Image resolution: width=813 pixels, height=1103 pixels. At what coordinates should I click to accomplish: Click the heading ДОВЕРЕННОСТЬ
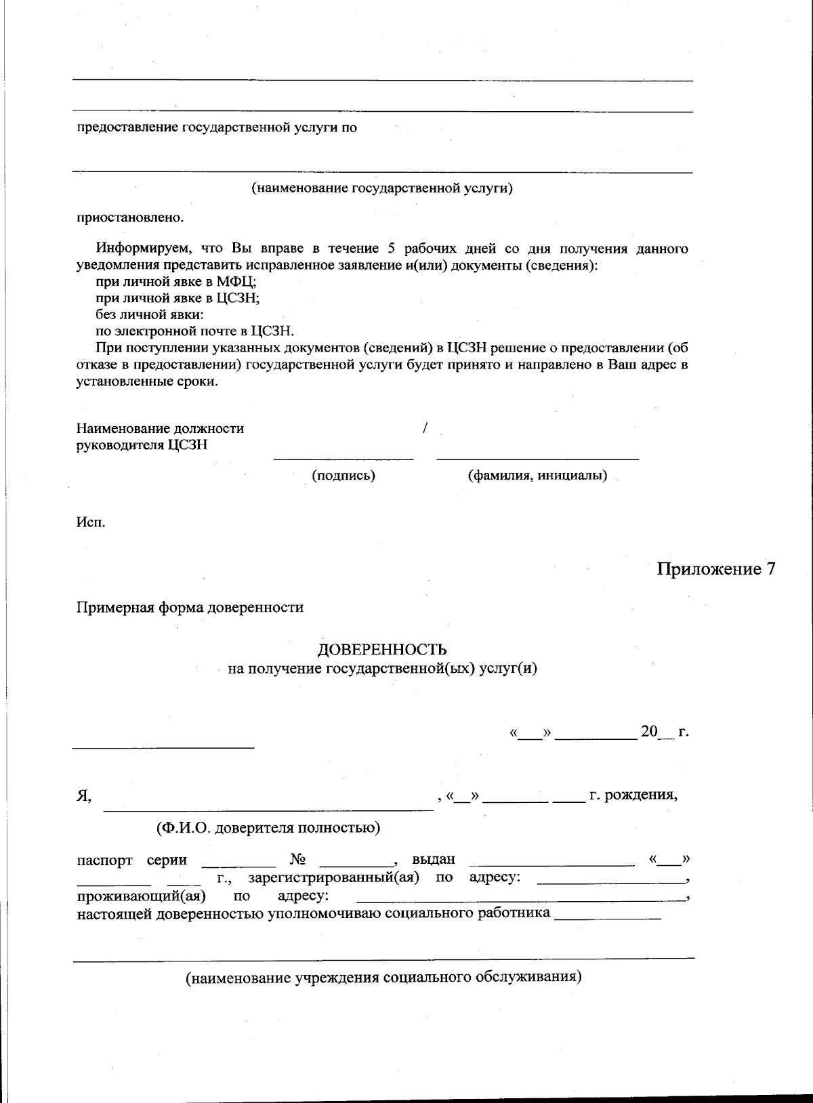pyautogui.click(x=382, y=650)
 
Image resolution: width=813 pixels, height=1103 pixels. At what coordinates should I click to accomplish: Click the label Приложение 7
pyautogui.click(x=715, y=569)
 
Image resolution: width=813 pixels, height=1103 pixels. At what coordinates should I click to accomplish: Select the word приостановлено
pyautogui.click(x=129, y=218)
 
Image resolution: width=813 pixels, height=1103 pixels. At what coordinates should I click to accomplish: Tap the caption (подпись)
pyautogui.click(x=343, y=476)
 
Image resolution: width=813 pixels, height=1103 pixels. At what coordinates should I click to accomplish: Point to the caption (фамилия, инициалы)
pyautogui.click(x=537, y=476)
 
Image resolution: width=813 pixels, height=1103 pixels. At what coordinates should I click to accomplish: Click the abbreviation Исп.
pyautogui.click(x=90, y=523)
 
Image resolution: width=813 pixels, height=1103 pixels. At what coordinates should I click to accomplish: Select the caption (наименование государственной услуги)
pyautogui.click(x=382, y=188)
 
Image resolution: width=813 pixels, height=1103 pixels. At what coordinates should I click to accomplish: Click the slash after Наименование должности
pyautogui.click(x=425, y=428)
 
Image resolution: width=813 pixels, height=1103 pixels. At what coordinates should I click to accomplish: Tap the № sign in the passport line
pyautogui.click(x=297, y=860)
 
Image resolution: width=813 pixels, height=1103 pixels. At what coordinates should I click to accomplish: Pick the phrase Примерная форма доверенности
pyautogui.click(x=190, y=607)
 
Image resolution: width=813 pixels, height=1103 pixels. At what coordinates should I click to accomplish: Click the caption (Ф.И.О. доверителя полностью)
pyautogui.click(x=268, y=827)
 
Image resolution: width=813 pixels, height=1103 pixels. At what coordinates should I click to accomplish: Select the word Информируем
pyautogui.click(x=139, y=249)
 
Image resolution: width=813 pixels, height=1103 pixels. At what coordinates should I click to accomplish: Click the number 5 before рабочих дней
pyautogui.click(x=391, y=249)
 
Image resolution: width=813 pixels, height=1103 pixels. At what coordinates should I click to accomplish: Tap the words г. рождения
pyautogui.click(x=633, y=795)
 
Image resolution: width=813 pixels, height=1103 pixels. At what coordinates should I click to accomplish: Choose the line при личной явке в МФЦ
pyautogui.click(x=175, y=282)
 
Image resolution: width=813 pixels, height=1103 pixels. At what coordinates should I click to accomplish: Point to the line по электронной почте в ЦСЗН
pyautogui.click(x=194, y=331)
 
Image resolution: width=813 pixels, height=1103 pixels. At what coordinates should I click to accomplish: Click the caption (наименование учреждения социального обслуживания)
pyautogui.click(x=383, y=978)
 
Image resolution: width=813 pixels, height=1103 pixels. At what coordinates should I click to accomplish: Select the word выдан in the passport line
pyautogui.click(x=434, y=860)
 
